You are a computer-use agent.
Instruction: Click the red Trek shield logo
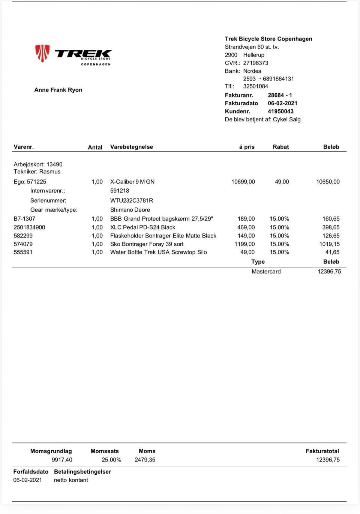click(x=42, y=53)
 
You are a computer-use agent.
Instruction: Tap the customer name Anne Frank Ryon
click(x=58, y=90)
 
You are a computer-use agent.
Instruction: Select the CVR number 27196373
click(x=255, y=63)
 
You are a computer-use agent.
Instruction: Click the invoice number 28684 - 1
click(x=280, y=95)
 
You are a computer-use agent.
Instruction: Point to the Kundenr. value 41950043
click(x=280, y=111)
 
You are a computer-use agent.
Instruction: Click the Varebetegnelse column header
click(x=131, y=147)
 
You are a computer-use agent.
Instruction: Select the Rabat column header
click(x=280, y=147)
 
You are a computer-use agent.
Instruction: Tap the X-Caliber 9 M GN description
click(x=132, y=182)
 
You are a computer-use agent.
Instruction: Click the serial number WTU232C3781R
click(x=131, y=200)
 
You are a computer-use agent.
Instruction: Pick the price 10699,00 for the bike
click(x=243, y=182)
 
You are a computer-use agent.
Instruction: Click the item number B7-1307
click(x=24, y=219)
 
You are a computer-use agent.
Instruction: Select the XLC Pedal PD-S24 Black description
click(x=142, y=227)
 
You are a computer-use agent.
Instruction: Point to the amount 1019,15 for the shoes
click(x=329, y=244)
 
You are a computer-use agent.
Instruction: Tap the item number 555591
click(x=23, y=252)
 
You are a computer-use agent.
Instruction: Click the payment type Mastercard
click(x=266, y=272)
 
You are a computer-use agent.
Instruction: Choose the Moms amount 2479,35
click(x=145, y=460)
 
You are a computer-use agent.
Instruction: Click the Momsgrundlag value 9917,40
click(x=62, y=460)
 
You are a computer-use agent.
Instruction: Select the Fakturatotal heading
click(x=322, y=451)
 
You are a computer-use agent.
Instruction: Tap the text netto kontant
click(x=71, y=480)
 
